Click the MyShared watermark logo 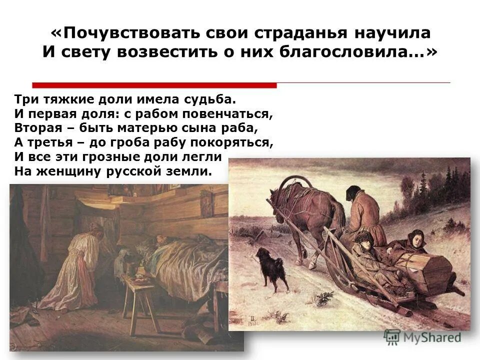422,337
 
